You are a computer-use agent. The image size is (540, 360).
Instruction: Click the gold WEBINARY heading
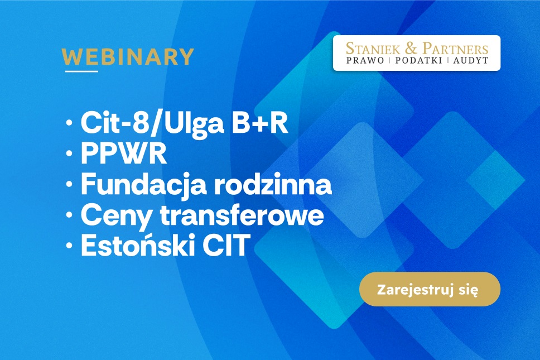128,57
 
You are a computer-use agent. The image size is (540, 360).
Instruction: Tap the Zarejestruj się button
430,289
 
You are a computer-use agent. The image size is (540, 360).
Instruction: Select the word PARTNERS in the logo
456,48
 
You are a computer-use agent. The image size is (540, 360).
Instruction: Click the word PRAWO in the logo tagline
365,61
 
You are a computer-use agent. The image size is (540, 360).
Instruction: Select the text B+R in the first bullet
259,123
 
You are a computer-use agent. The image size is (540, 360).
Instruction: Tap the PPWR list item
124,153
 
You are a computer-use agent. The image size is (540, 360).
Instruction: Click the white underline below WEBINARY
81,71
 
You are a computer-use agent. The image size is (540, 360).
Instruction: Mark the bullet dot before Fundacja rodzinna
69,184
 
